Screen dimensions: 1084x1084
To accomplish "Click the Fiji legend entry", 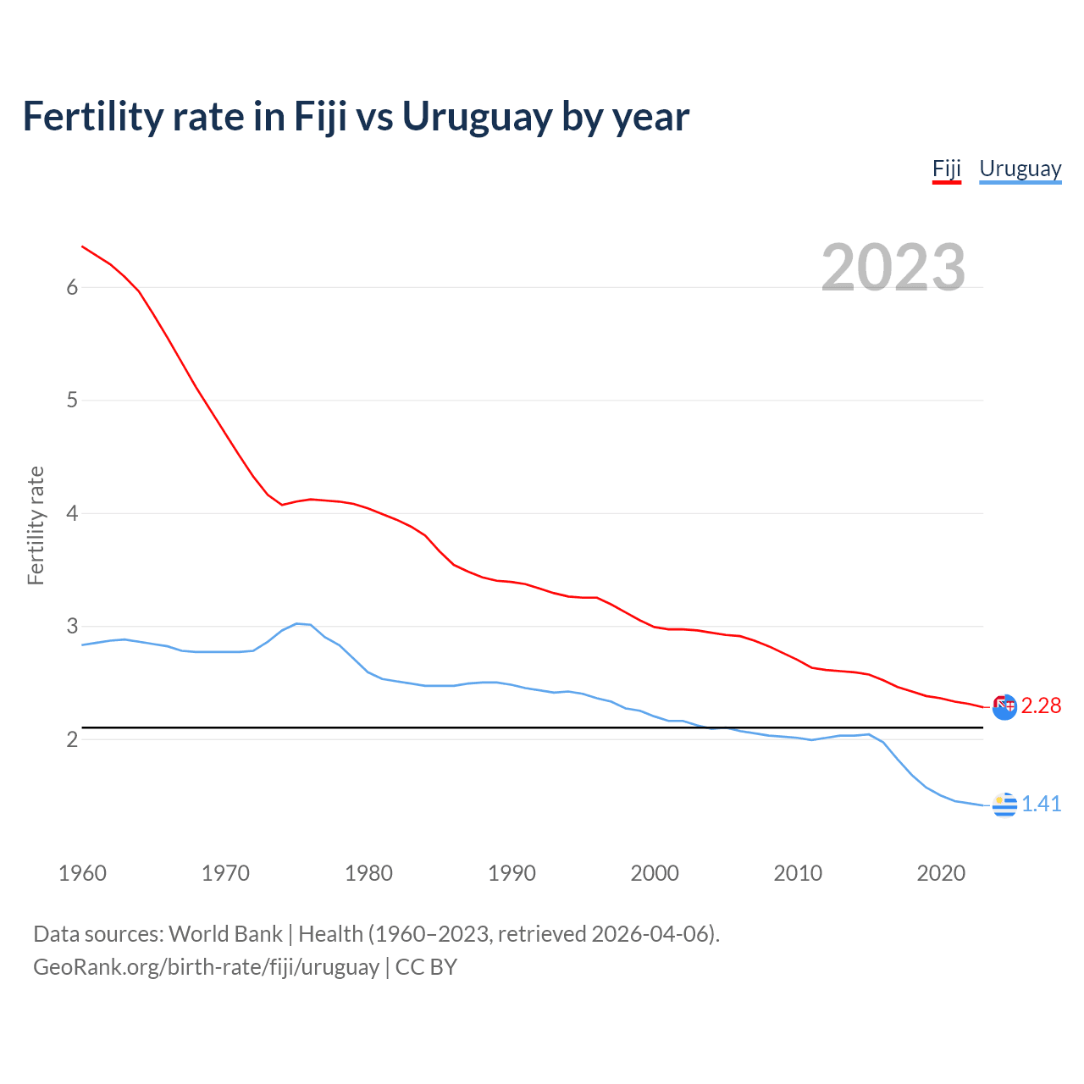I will pos(946,169).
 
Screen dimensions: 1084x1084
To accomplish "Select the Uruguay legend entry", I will pos(1020,169).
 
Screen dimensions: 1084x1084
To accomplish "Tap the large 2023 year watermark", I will pos(893,268).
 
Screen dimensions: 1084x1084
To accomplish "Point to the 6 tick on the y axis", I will pos(72,287).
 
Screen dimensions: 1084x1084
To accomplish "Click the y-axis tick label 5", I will pos(72,400).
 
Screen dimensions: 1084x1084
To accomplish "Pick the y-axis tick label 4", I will pos(72,513).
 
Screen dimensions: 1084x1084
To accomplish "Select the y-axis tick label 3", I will pos(72,626).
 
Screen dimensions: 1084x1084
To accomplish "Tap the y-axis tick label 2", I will pos(72,739).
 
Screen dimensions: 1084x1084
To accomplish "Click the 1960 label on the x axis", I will pos(82,873).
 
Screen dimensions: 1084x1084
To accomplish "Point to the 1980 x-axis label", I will pos(368,873).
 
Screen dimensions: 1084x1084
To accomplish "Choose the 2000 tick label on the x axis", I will pos(655,873).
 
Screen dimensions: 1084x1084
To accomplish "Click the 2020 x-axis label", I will pos(941,873).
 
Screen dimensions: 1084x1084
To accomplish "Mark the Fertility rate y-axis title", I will pos(36,525).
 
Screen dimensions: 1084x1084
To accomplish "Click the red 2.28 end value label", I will pos(1041,706).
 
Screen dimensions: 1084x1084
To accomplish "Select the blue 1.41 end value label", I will pos(1041,804).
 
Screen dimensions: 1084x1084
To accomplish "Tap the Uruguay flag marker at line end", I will pos(1004,805).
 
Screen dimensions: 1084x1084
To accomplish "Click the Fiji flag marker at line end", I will pos(1004,706).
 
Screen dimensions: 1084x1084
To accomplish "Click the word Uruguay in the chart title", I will pos(477,117).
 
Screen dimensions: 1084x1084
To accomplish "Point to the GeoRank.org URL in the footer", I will pos(206,967).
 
